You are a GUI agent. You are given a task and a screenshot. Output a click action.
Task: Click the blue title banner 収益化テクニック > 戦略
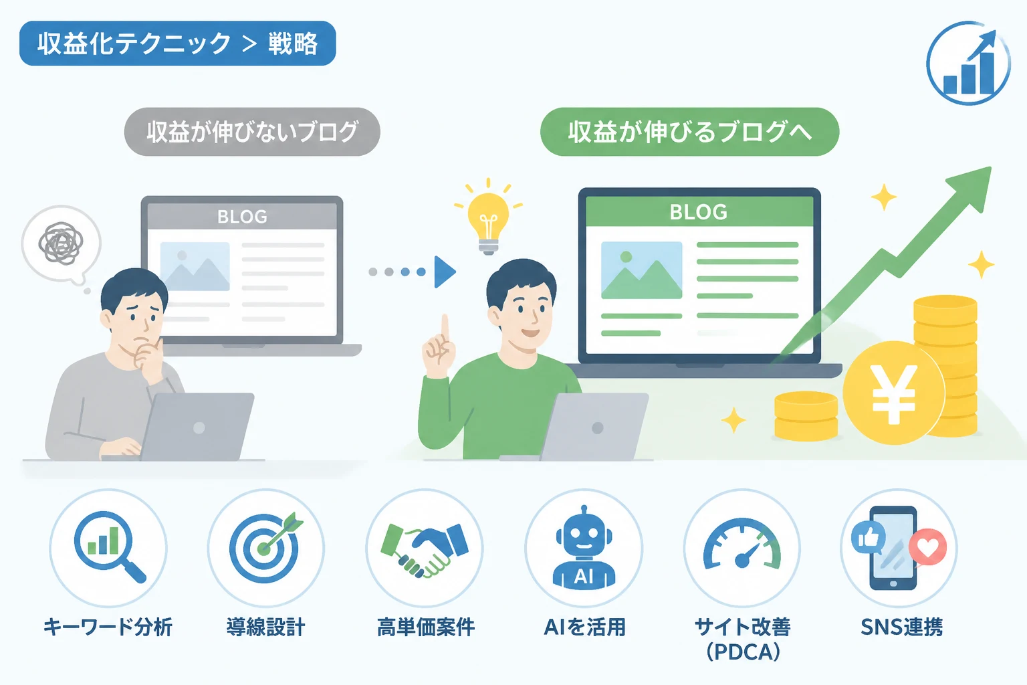click(177, 43)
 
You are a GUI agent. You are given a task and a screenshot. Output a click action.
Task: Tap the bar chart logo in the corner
click(968, 63)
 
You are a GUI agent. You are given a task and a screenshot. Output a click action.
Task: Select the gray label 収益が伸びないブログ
click(252, 132)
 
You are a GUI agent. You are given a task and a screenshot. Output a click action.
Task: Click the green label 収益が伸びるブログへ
click(689, 132)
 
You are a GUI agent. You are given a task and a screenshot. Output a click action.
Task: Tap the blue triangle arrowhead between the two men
click(445, 272)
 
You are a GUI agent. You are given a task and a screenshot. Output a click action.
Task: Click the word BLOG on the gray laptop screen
click(242, 217)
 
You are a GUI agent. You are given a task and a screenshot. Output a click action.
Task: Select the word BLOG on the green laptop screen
click(698, 212)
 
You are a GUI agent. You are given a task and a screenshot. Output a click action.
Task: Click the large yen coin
click(893, 393)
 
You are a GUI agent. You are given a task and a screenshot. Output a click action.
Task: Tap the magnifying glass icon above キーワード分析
click(109, 546)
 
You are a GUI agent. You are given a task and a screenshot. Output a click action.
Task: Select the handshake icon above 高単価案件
click(425, 549)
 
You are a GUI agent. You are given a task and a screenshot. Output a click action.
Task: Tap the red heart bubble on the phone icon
click(927, 547)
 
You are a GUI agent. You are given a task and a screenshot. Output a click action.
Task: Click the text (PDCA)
click(744, 652)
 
